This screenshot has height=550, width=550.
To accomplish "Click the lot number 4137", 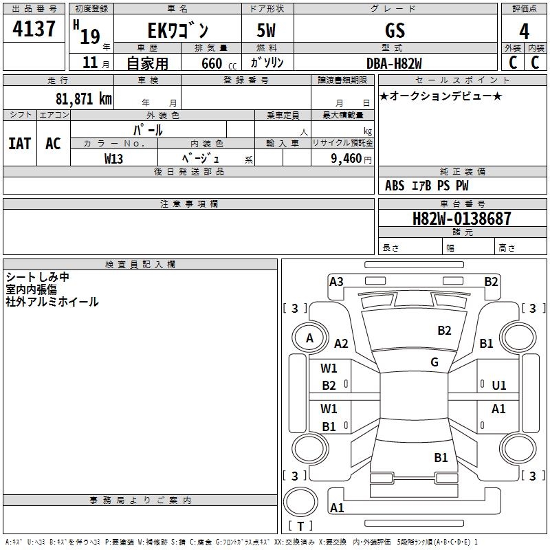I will (34, 29).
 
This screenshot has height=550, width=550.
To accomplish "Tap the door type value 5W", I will (267, 30).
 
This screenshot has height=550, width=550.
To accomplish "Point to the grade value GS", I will (395, 30).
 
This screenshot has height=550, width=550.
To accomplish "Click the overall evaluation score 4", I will (524, 31).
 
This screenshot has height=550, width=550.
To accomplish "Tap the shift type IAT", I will (20, 143).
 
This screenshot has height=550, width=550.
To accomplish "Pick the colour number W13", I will (114, 158).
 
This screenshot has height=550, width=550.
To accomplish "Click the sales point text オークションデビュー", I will (440, 96).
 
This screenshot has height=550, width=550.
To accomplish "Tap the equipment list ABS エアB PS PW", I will (427, 186).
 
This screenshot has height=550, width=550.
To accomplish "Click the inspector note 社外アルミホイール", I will (52, 302).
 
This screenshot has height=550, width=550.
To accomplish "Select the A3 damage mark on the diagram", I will (336, 281).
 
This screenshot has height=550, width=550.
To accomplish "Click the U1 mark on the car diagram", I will (499, 386).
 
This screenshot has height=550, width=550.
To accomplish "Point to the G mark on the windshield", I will (434, 362).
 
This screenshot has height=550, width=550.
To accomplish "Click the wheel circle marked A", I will (309, 338).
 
